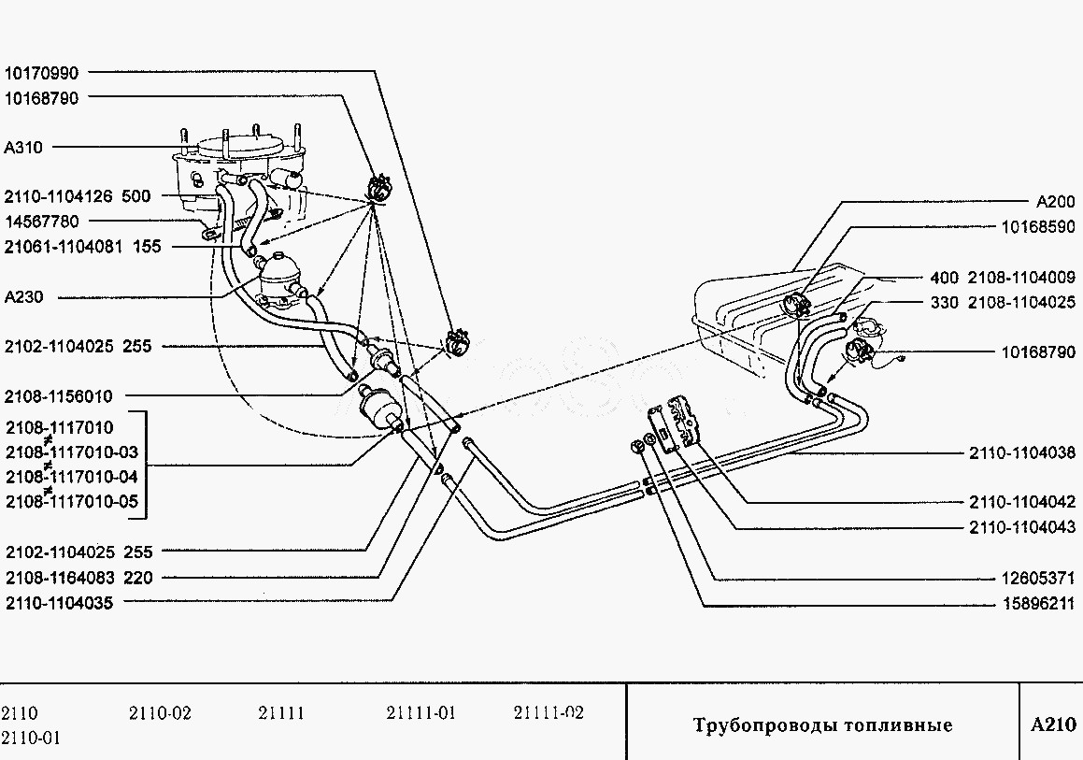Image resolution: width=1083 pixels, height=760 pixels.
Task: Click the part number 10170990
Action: (42, 73)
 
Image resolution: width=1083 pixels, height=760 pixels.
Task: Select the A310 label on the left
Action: (23, 147)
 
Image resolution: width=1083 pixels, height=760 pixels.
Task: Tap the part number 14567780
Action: (42, 222)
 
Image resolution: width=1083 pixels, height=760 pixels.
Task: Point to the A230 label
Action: (23, 297)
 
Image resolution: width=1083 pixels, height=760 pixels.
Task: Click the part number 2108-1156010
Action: (59, 396)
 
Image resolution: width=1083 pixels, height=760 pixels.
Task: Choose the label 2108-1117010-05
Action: (72, 502)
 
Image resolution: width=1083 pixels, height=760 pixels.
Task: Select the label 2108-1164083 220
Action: (78, 578)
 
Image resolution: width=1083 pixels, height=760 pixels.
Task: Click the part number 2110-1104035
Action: (59, 603)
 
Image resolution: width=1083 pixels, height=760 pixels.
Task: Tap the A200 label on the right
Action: (1056, 201)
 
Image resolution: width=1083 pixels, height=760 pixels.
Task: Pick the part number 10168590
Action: (1038, 226)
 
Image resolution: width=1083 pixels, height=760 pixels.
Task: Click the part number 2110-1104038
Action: (1021, 452)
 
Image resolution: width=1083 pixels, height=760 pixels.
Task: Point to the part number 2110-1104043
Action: (1021, 527)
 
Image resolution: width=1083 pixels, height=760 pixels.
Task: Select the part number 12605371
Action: (1038, 578)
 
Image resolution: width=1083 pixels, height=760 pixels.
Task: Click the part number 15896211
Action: (1038, 603)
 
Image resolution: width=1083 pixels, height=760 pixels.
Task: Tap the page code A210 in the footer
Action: (1053, 724)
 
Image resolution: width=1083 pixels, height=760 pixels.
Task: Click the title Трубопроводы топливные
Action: (822, 725)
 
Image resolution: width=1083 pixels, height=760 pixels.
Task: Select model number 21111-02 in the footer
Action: (549, 713)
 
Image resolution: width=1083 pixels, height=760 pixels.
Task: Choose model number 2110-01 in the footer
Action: (31, 738)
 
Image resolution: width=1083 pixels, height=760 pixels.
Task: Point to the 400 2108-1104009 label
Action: (1003, 278)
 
